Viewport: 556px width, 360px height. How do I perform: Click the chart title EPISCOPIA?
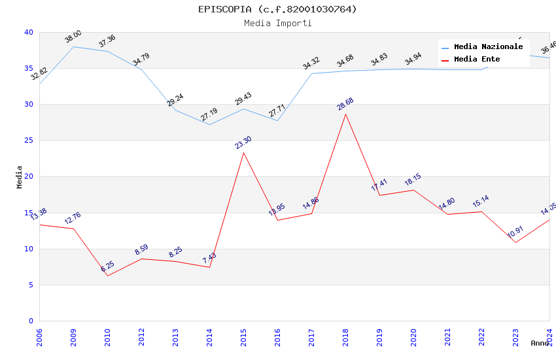tap(278, 9)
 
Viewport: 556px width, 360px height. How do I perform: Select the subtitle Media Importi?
tap(278, 23)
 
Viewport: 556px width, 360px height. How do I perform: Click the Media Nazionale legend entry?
tap(488, 47)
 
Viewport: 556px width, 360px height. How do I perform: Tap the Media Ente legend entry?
tap(477, 60)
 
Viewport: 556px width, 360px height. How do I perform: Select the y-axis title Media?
tap(20, 177)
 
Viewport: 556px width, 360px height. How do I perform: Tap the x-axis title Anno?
tap(540, 343)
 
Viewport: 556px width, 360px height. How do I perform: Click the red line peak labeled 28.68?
tap(345, 114)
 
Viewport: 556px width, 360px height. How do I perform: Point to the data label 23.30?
tap(243, 143)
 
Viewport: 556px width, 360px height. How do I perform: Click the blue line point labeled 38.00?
tap(73, 46)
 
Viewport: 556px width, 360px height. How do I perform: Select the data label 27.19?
tap(209, 115)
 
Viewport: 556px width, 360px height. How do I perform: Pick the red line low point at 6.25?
tap(107, 276)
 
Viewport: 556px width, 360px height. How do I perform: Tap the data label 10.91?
tap(515, 232)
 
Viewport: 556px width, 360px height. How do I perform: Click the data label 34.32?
tap(311, 63)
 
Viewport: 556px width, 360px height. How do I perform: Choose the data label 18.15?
tap(413, 180)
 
